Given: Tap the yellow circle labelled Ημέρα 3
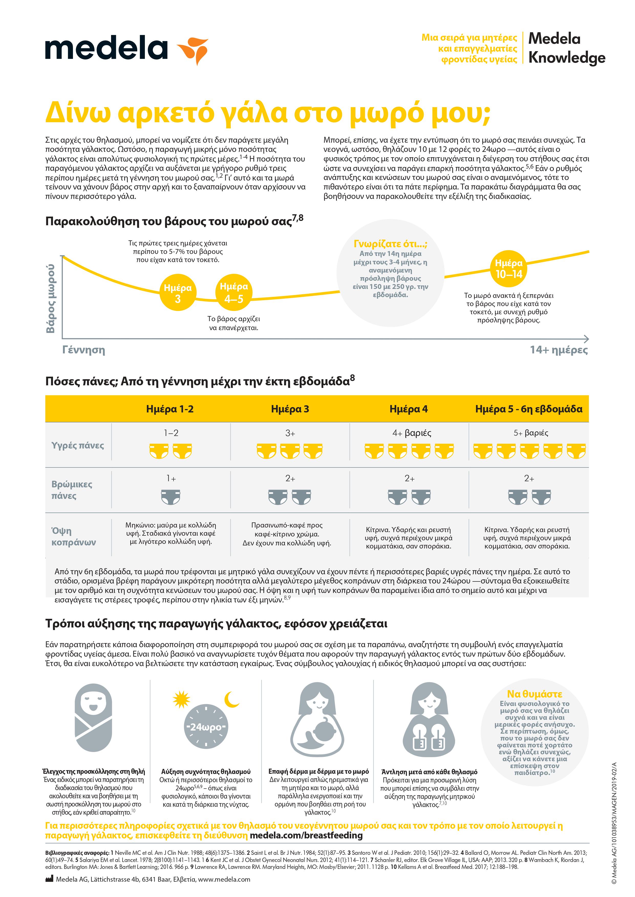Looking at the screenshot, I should click(178, 293).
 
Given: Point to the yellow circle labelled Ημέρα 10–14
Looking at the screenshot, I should click(509, 269).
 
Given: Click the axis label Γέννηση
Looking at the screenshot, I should click(84, 350).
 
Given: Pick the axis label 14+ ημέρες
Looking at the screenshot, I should click(559, 350).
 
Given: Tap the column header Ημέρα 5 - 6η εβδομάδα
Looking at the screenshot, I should click(529, 409).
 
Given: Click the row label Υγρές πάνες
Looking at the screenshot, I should click(78, 445).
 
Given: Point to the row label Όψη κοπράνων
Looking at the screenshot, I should click(73, 536).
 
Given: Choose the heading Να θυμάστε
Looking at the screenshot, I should click(534, 694).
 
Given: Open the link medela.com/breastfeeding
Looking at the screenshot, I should click(306, 835).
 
